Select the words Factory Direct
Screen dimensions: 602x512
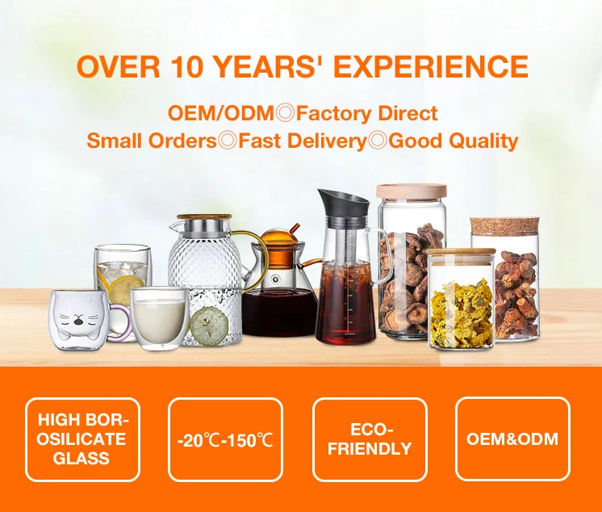[366, 113]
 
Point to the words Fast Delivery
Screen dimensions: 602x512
[303, 141]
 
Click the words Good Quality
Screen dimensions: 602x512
[453, 141]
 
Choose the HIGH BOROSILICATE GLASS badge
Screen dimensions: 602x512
[82, 440]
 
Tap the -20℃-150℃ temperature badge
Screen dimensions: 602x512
[225, 440]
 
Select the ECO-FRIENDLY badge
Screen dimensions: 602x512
[370, 440]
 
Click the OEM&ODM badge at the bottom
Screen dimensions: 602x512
[512, 439]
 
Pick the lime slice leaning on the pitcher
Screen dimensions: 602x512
[209, 325]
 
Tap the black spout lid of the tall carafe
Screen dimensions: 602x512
[342, 203]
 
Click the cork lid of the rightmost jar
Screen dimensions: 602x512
[504, 227]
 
